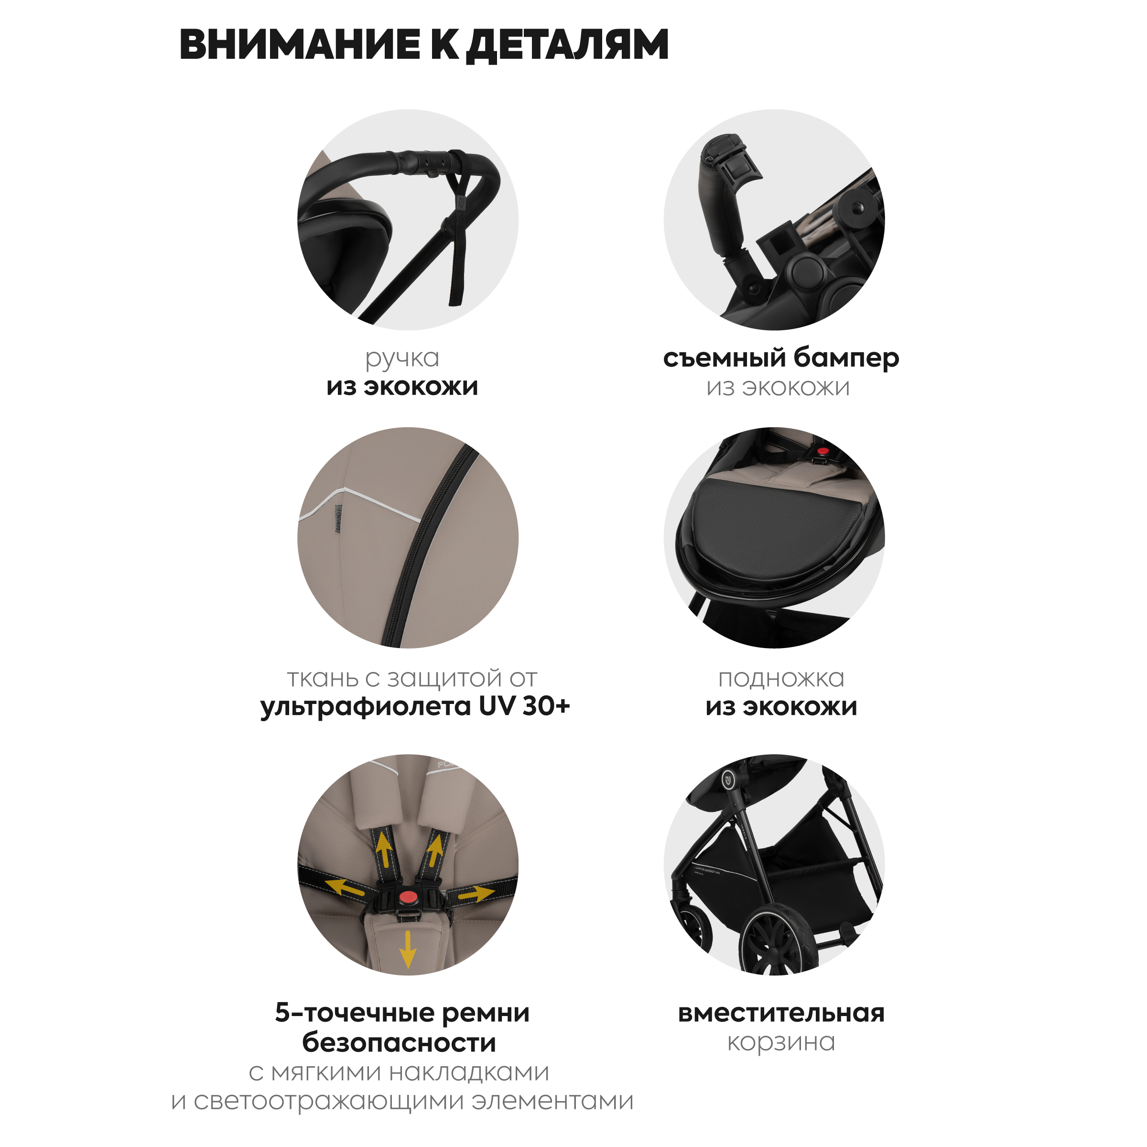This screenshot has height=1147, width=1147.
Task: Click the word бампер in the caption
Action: [846, 358]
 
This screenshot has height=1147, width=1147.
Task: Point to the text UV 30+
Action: [524, 706]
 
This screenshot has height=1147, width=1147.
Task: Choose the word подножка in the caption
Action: [781, 679]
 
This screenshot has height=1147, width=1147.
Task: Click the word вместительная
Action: [781, 1013]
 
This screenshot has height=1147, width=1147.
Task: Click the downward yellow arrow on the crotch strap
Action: [408, 948]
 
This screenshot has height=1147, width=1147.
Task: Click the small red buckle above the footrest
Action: [822, 451]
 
